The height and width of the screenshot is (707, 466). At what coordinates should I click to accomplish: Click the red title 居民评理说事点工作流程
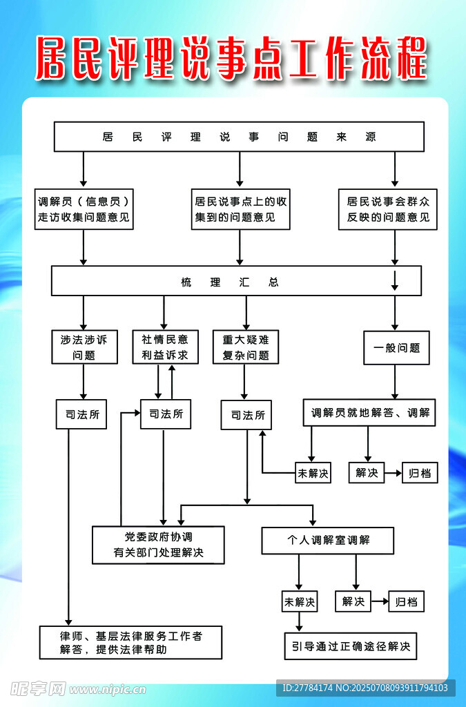[232, 59]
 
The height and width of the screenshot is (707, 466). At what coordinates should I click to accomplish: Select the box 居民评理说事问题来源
[239, 137]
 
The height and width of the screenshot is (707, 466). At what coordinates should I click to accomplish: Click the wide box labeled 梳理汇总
[235, 282]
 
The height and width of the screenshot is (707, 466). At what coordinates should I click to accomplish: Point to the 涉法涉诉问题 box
[84, 347]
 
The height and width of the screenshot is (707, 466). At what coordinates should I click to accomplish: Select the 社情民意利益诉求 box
[165, 347]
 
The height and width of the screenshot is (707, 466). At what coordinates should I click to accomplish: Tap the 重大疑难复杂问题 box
[245, 347]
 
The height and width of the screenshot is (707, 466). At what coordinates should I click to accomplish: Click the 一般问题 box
[396, 348]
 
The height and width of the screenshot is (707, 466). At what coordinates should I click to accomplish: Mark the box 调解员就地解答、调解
[369, 412]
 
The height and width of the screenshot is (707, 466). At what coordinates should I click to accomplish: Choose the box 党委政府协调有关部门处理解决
[158, 545]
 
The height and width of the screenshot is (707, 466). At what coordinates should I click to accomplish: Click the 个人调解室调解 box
[327, 540]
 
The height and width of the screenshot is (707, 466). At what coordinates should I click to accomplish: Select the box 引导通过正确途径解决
[350, 646]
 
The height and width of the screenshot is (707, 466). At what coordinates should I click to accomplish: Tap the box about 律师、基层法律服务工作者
[130, 641]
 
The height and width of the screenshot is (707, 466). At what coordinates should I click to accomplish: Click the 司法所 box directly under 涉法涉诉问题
[81, 414]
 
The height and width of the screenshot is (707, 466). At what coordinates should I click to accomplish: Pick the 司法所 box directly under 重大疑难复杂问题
[246, 415]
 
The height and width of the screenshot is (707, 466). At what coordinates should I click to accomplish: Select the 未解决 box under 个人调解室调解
[299, 601]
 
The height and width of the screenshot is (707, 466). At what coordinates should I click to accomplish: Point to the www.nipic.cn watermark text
[107, 688]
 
